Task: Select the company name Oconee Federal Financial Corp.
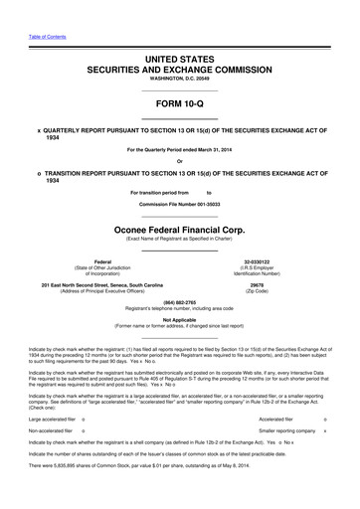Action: [179, 226]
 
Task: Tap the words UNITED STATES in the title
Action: [179, 62]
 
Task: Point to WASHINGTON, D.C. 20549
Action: [179, 82]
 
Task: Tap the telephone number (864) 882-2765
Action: [179, 304]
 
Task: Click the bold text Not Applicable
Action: [179, 320]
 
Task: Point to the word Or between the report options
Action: [179, 162]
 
